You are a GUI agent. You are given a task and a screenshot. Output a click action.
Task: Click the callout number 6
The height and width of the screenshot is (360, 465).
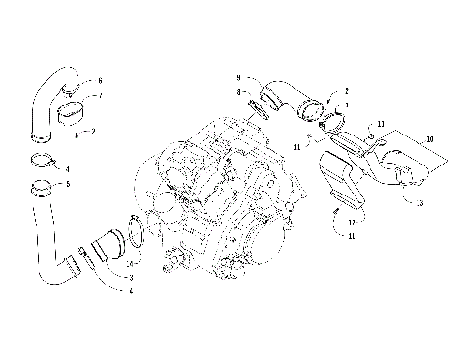pos(99,81)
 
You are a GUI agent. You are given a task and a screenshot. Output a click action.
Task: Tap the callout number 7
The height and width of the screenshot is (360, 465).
pos(99,97)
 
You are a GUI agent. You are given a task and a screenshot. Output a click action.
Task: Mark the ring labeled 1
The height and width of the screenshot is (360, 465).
pos(329,121)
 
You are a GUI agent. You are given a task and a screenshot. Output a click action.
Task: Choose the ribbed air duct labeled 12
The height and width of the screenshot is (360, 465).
pos(344,179)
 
